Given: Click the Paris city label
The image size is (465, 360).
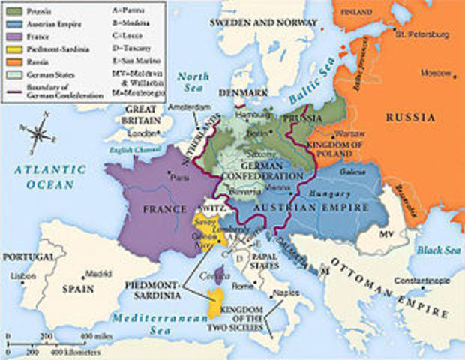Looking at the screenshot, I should [180, 178].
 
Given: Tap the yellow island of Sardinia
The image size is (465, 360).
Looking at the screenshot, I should [216, 301].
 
